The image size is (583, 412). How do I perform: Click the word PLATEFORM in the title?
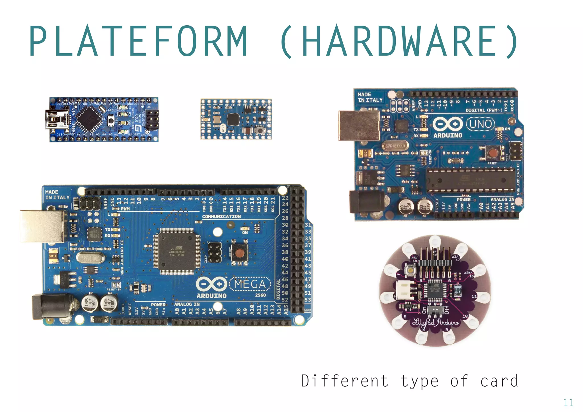click(138, 41)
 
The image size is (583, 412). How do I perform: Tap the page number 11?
click(568, 403)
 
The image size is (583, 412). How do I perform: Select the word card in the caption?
click(499, 381)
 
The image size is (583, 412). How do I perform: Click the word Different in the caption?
click(345, 381)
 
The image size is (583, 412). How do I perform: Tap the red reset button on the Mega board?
click(240, 253)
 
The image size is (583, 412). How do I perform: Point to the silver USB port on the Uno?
click(359, 125)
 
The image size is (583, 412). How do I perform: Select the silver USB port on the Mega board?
click(43, 226)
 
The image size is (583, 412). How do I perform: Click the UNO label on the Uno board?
click(481, 124)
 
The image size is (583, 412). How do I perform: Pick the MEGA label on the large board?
click(250, 284)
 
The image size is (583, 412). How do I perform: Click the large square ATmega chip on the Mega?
click(177, 251)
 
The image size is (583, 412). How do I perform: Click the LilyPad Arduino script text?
click(436, 323)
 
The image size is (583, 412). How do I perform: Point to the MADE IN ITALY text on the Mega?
click(57, 195)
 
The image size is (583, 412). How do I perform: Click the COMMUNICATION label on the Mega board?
click(221, 217)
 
